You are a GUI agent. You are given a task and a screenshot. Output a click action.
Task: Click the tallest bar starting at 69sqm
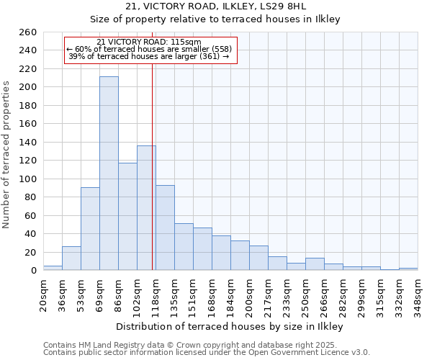click(x=109, y=174)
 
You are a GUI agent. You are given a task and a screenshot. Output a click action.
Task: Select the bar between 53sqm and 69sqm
click(x=90, y=229)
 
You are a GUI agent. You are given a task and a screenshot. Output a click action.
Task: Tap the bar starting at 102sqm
click(x=146, y=208)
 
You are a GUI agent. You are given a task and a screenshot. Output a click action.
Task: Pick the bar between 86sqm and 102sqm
click(x=127, y=217)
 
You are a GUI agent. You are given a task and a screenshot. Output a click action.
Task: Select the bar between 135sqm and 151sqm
click(x=184, y=247)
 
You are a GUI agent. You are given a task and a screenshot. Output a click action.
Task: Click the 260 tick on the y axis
click(x=28, y=32)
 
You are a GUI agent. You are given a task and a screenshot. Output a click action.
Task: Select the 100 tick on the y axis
click(x=28, y=179)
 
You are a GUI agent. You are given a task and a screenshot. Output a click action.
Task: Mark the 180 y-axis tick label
click(x=28, y=106)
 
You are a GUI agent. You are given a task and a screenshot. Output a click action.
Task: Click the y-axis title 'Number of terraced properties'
click(x=7, y=155)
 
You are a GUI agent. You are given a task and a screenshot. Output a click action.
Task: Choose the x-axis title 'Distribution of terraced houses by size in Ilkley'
click(x=229, y=326)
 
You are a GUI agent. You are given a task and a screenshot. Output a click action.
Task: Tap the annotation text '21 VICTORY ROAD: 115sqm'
click(x=149, y=42)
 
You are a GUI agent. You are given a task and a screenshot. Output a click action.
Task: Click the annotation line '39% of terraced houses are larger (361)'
click(x=149, y=56)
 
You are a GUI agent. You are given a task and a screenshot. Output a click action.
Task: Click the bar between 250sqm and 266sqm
click(x=315, y=264)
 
